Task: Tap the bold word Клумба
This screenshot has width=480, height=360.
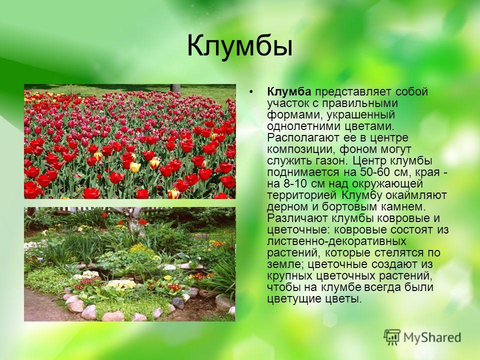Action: (x=289, y=91)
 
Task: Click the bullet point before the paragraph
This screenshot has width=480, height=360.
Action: (x=251, y=92)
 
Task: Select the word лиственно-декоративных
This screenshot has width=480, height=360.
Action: (x=336, y=241)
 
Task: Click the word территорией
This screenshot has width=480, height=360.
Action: (x=302, y=195)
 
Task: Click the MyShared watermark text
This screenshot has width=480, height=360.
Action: (x=432, y=337)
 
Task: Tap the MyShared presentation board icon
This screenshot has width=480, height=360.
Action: (x=392, y=337)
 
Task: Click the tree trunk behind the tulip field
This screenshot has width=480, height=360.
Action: (x=175, y=88)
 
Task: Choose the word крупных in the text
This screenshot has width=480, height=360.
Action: (x=289, y=276)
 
